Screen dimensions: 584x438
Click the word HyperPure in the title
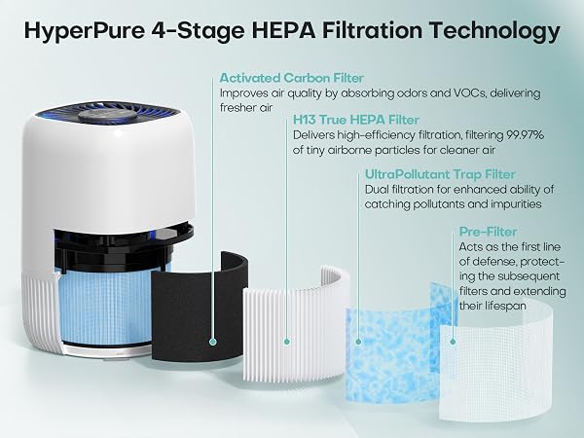tap(84, 31)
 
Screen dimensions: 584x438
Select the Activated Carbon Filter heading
tap(292, 78)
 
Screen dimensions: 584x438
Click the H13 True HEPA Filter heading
tap(356, 120)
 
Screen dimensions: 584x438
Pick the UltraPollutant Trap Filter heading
tap(440, 174)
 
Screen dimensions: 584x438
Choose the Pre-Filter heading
tap(488, 232)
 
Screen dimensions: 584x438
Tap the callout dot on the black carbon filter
tap(213, 342)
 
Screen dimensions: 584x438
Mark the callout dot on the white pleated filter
tap(286, 342)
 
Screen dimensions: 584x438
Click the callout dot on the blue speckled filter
tap(358, 342)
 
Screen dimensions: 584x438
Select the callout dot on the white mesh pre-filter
tap(453, 342)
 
